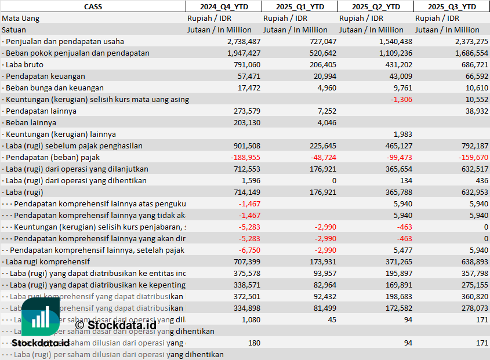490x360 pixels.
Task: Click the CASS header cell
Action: pos(93,6)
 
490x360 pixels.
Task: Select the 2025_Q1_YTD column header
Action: pos(299,6)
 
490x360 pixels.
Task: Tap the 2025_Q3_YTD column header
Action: pos(452,6)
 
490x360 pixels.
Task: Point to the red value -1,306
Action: pos(401,99)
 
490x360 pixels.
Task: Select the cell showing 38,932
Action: pos(475,111)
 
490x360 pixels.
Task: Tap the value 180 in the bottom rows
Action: pos(253,343)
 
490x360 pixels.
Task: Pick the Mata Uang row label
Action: pos(20,18)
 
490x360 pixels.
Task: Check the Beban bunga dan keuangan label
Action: pos(55,88)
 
